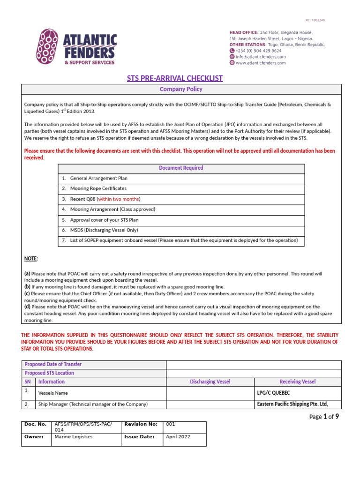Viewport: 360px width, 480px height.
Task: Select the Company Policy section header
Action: (181, 89)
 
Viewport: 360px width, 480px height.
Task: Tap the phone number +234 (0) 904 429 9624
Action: (258, 51)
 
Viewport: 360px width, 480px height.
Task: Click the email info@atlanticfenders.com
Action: (260, 57)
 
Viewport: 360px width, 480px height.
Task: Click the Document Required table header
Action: (181, 168)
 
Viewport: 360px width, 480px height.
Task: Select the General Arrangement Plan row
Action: (98, 178)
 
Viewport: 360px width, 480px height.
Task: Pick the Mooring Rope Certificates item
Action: (98, 188)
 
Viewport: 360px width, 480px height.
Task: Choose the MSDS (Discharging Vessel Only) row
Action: (107, 230)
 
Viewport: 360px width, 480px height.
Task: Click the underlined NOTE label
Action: (31, 258)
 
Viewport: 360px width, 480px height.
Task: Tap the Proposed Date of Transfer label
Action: (53, 364)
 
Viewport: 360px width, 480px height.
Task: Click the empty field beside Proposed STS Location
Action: (254, 373)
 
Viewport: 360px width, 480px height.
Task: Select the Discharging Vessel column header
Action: (210, 382)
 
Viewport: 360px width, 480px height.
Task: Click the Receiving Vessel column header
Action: (297, 382)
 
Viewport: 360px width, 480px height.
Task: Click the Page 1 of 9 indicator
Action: (324, 417)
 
